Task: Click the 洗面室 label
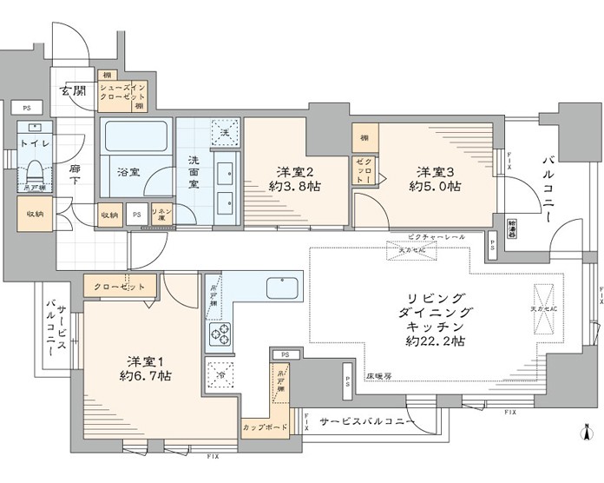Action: coord(194,171)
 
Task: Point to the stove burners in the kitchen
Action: coord(219,333)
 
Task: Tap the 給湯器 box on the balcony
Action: coord(514,224)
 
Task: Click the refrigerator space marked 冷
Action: coord(220,373)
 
